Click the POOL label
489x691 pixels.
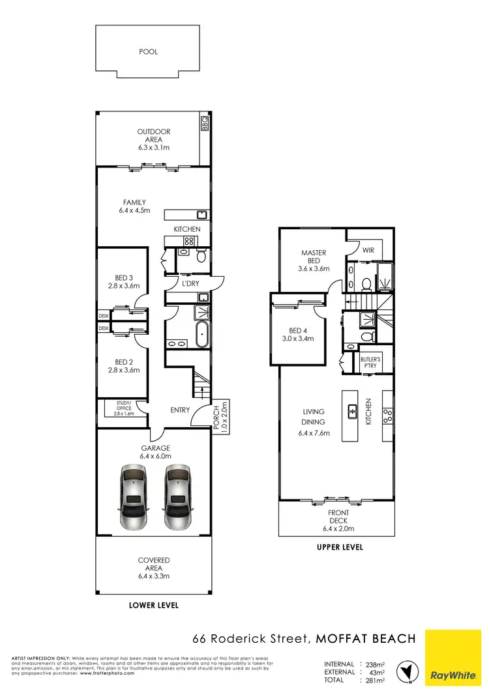(x=149, y=51)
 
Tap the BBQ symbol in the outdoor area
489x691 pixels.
(x=204, y=122)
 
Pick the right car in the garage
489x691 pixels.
(x=177, y=498)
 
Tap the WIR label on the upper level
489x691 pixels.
(x=368, y=249)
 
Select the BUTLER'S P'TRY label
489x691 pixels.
(x=370, y=362)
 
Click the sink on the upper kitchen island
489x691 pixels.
(x=353, y=411)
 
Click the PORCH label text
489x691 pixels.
(x=220, y=414)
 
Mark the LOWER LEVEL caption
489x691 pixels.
(x=154, y=605)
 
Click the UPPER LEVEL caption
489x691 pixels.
(x=340, y=547)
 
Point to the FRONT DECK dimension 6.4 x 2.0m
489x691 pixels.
(x=338, y=528)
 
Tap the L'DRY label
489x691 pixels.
(x=190, y=284)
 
